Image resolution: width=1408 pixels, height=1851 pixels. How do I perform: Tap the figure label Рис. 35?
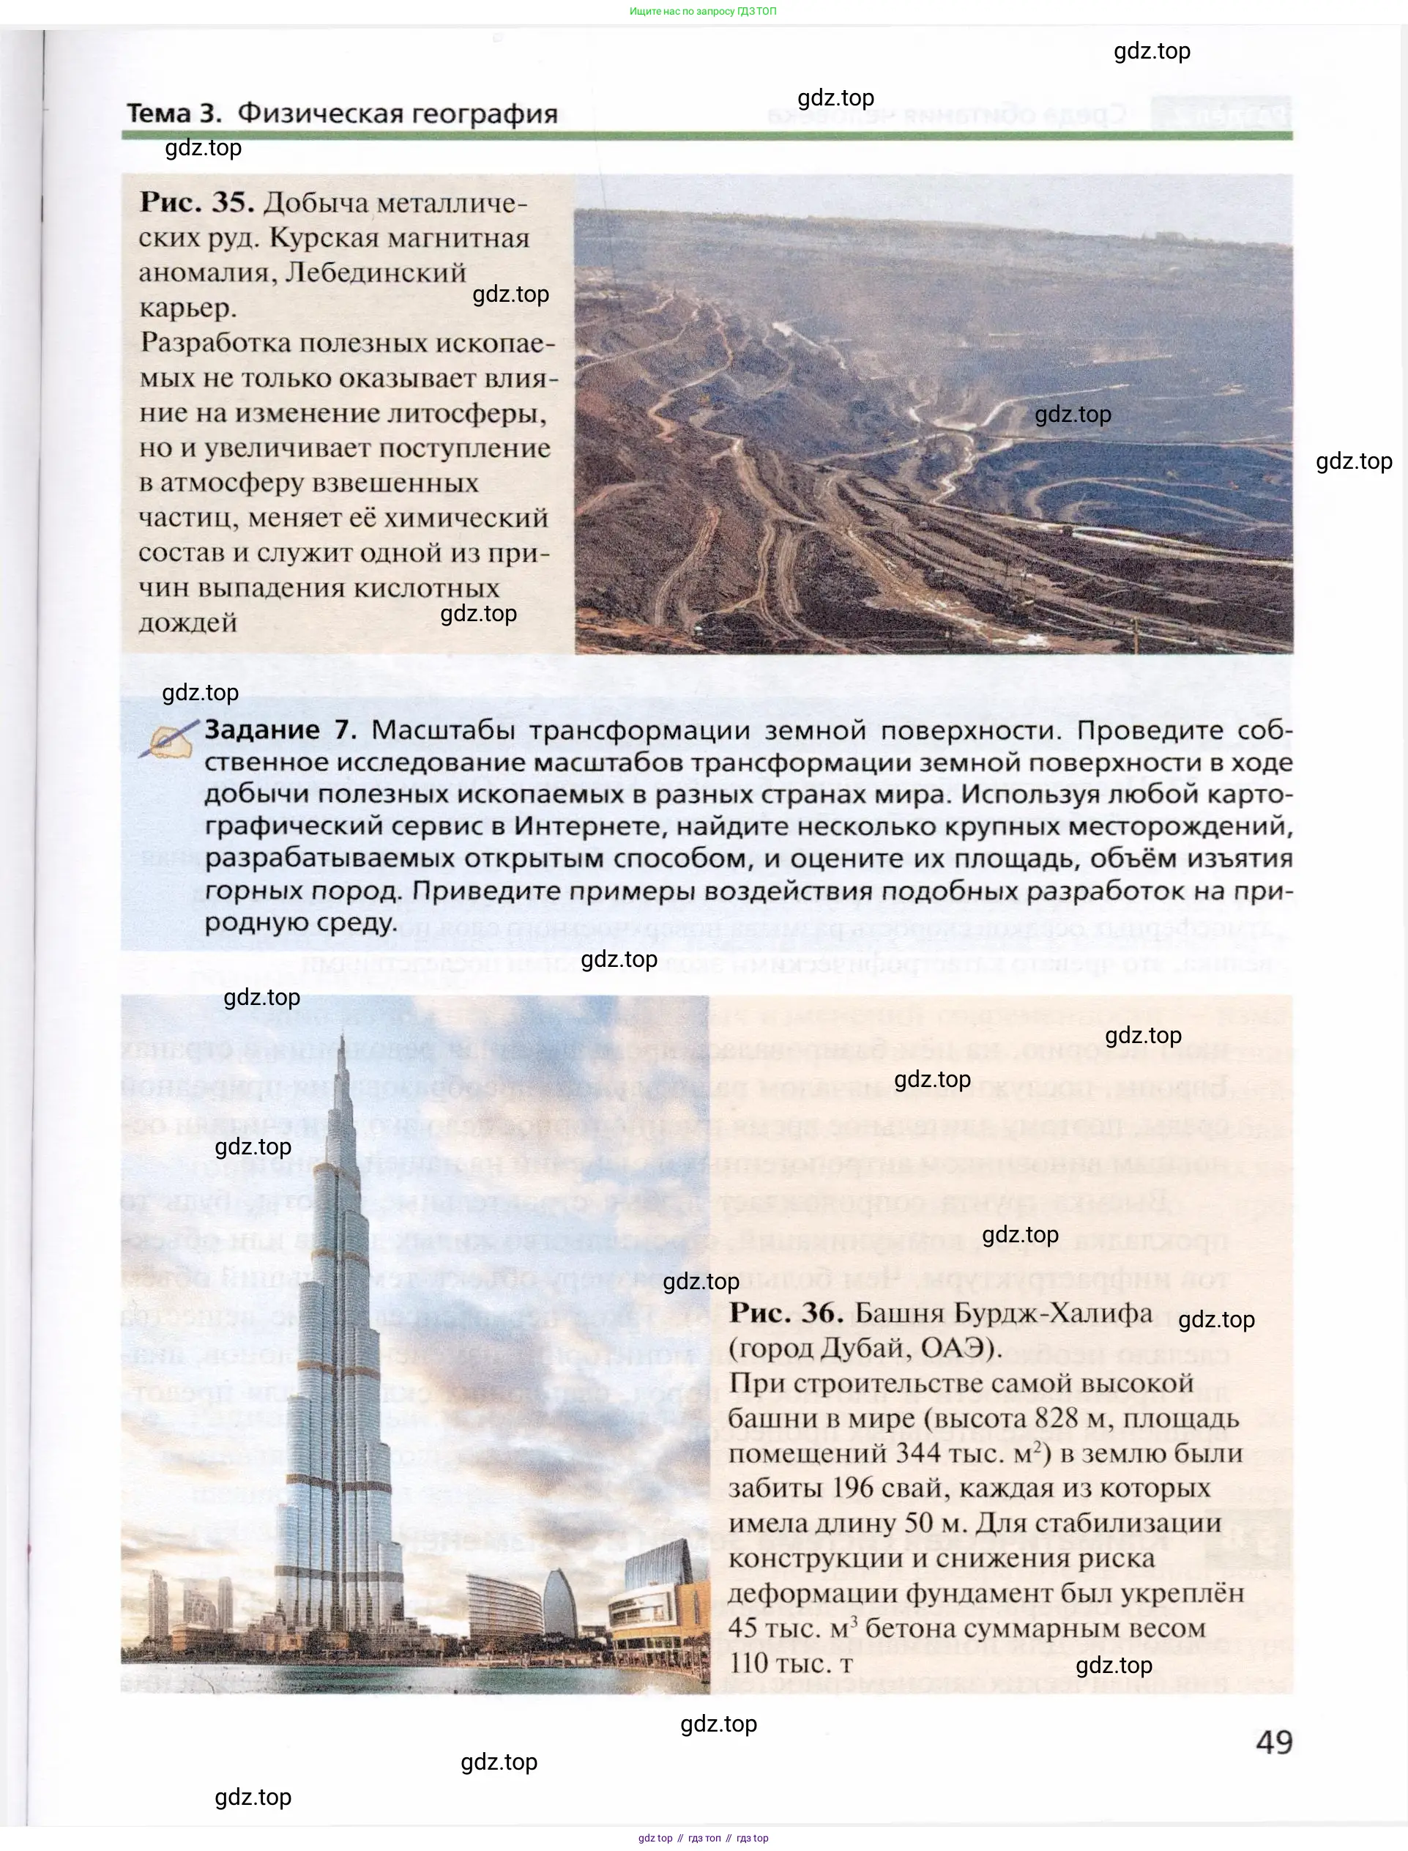tap(196, 203)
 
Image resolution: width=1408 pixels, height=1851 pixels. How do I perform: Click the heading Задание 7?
tap(280, 730)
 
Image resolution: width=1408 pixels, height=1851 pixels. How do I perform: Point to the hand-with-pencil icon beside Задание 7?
tap(170, 739)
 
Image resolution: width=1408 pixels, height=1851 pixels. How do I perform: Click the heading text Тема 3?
tap(174, 114)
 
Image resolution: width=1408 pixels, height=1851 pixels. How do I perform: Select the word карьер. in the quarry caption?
tap(187, 308)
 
